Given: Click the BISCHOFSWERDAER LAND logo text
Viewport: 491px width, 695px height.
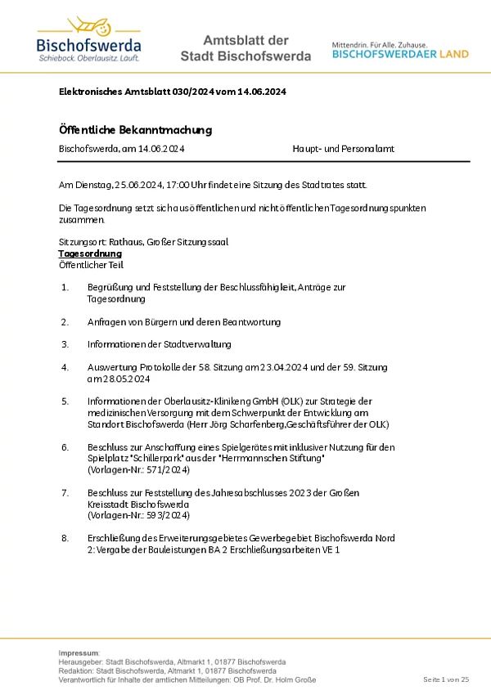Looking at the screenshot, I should pyautogui.click(x=400, y=54).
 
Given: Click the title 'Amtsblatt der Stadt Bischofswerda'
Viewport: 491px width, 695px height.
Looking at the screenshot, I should pyautogui.click(x=245, y=48).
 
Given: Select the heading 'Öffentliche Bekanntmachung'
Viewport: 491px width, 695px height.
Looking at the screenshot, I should pyautogui.click(x=135, y=129).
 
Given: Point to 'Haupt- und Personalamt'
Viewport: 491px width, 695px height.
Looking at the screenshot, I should pyautogui.click(x=343, y=149).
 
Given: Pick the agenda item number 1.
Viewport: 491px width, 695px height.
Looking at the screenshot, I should pyautogui.click(x=65, y=288).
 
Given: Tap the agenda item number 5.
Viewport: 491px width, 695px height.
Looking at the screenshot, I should pyautogui.click(x=65, y=401).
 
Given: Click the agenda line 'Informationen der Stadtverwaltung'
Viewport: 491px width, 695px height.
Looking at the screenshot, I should pyautogui.click(x=159, y=344).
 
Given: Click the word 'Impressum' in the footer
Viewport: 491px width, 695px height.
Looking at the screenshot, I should pyautogui.click(x=79, y=653).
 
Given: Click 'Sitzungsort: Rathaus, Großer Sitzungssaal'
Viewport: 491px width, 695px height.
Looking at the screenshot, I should pyautogui.click(x=143, y=243).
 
